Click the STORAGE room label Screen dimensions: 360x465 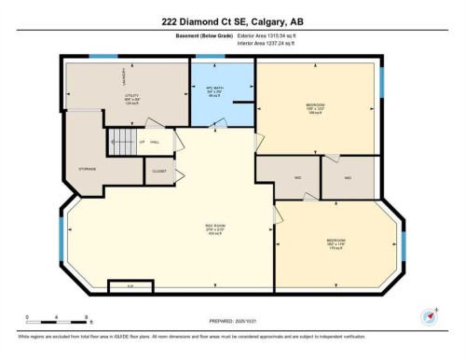tap(88, 169)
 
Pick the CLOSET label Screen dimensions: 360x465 tap(159, 172)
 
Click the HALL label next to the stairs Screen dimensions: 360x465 tap(155, 142)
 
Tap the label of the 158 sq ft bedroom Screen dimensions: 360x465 tap(316, 106)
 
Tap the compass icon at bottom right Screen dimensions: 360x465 tap(430, 315)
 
